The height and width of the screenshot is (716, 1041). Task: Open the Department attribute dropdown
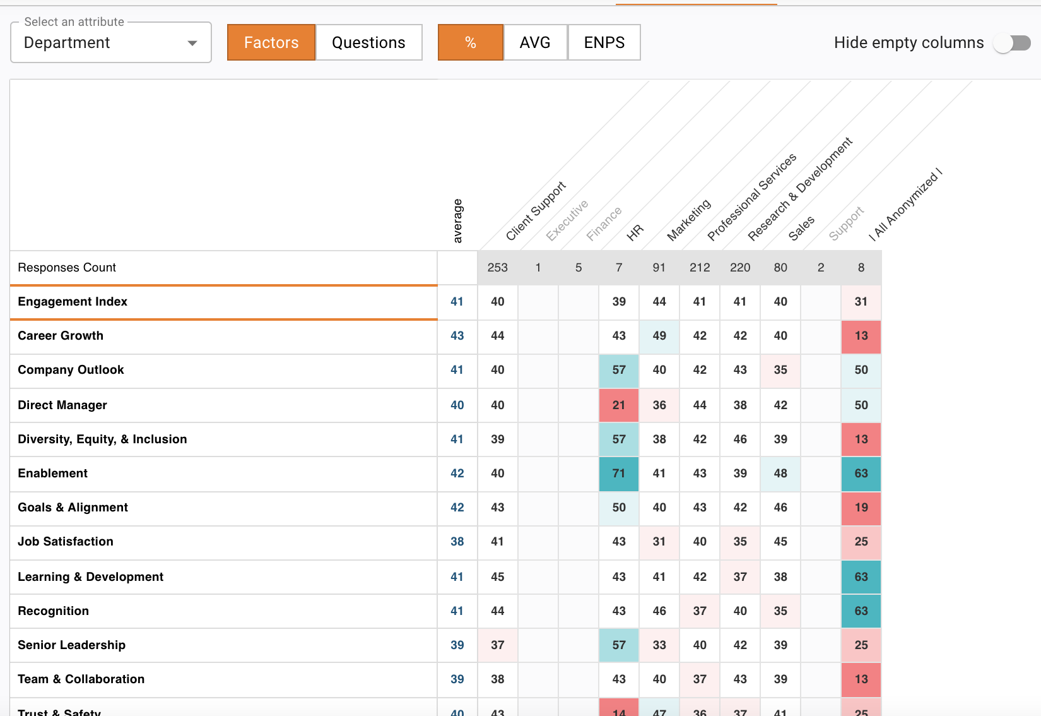point(110,42)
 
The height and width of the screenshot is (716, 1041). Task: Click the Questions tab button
point(368,42)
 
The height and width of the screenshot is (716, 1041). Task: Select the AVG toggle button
point(535,42)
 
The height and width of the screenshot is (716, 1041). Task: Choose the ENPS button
point(604,42)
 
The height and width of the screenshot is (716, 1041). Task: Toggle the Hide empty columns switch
point(1012,44)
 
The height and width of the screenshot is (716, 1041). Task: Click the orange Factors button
point(271,42)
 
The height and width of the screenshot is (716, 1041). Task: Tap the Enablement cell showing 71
point(618,474)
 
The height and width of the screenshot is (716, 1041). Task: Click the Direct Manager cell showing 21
point(618,405)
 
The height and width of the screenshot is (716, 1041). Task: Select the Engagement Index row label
point(73,301)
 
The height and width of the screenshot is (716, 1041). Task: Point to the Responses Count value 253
point(497,268)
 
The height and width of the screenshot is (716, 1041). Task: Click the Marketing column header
point(689,220)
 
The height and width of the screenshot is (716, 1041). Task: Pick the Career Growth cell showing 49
point(659,336)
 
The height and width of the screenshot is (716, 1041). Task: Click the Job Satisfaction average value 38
point(457,542)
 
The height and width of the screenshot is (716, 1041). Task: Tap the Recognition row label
point(54,611)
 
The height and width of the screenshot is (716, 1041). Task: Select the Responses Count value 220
point(740,268)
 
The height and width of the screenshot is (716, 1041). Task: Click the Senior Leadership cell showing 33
point(659,645)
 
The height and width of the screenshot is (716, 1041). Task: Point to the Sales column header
point(801,228)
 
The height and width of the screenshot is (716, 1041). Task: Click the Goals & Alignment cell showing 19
point(861,508)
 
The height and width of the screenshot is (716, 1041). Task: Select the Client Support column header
point(536,212)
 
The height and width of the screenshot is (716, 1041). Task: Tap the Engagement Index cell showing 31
point(861,302)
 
